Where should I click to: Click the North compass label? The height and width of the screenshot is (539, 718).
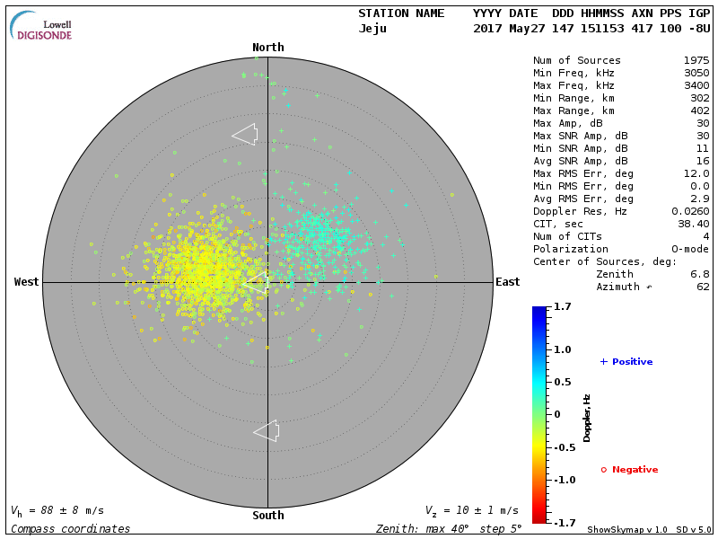267,48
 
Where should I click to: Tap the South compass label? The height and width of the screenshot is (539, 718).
267,516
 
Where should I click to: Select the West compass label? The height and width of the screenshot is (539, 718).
26,282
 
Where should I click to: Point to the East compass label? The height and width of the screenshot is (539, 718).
507,282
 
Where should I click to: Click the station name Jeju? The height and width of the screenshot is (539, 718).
373,28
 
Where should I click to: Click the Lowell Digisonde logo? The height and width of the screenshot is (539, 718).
41,27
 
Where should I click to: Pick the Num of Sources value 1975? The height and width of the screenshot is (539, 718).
696,61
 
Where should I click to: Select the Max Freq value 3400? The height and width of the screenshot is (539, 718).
696,86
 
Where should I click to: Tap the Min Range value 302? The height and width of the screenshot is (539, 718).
699,99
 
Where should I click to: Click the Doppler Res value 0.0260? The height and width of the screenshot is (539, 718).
689,211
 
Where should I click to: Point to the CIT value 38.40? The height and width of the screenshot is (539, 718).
693,224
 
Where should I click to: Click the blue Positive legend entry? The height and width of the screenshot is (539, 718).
626,362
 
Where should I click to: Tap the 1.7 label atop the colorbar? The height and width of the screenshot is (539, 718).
563,307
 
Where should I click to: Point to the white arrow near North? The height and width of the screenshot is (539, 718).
244,134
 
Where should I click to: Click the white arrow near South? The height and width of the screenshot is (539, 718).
267,431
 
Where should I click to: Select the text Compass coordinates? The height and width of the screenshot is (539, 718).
70,529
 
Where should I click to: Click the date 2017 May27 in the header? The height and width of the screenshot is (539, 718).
504,28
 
